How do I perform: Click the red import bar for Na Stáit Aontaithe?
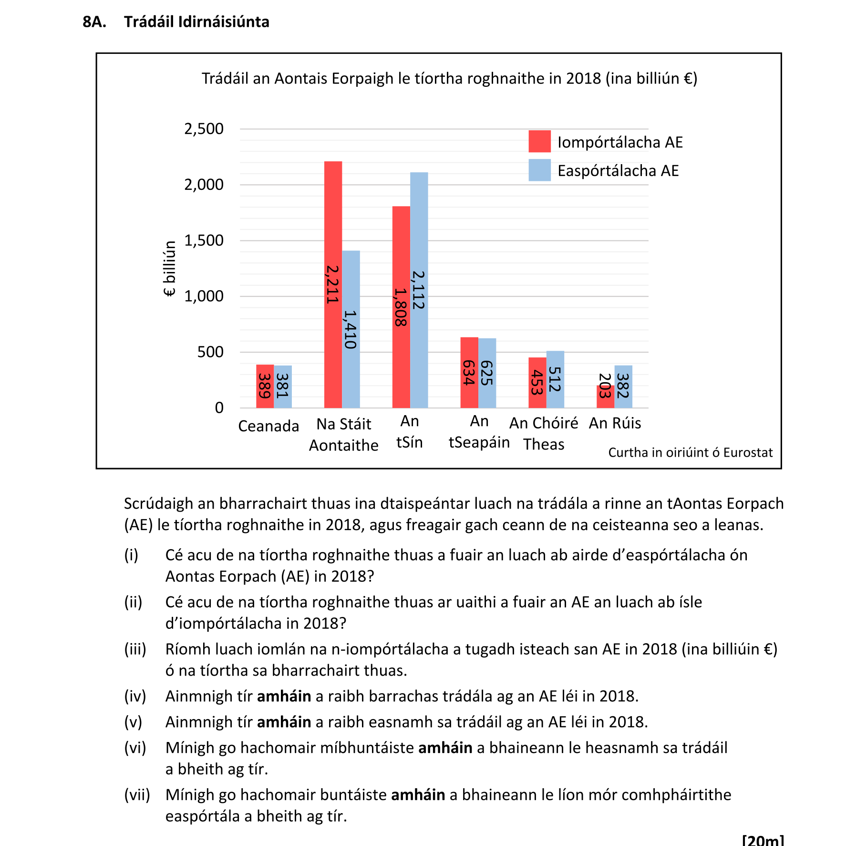point(333,215)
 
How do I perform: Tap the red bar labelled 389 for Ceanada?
point(265,386)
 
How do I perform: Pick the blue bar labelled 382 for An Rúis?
point(623,386)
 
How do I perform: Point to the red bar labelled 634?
point(469,373)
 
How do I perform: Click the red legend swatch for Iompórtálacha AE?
point(539,141)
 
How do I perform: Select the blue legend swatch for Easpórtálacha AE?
point(539,170)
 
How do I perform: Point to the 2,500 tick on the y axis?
point(204,129)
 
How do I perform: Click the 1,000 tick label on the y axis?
point(204,296)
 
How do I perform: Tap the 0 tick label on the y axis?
point(219,408)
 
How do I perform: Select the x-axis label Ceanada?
point(268,426)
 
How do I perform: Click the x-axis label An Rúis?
point(615,423)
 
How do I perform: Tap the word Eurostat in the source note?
point(748,452)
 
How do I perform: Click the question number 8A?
point(94,22)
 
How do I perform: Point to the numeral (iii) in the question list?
point(135,649)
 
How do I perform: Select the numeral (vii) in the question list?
point(137,795)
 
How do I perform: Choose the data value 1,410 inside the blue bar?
point(351,329)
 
